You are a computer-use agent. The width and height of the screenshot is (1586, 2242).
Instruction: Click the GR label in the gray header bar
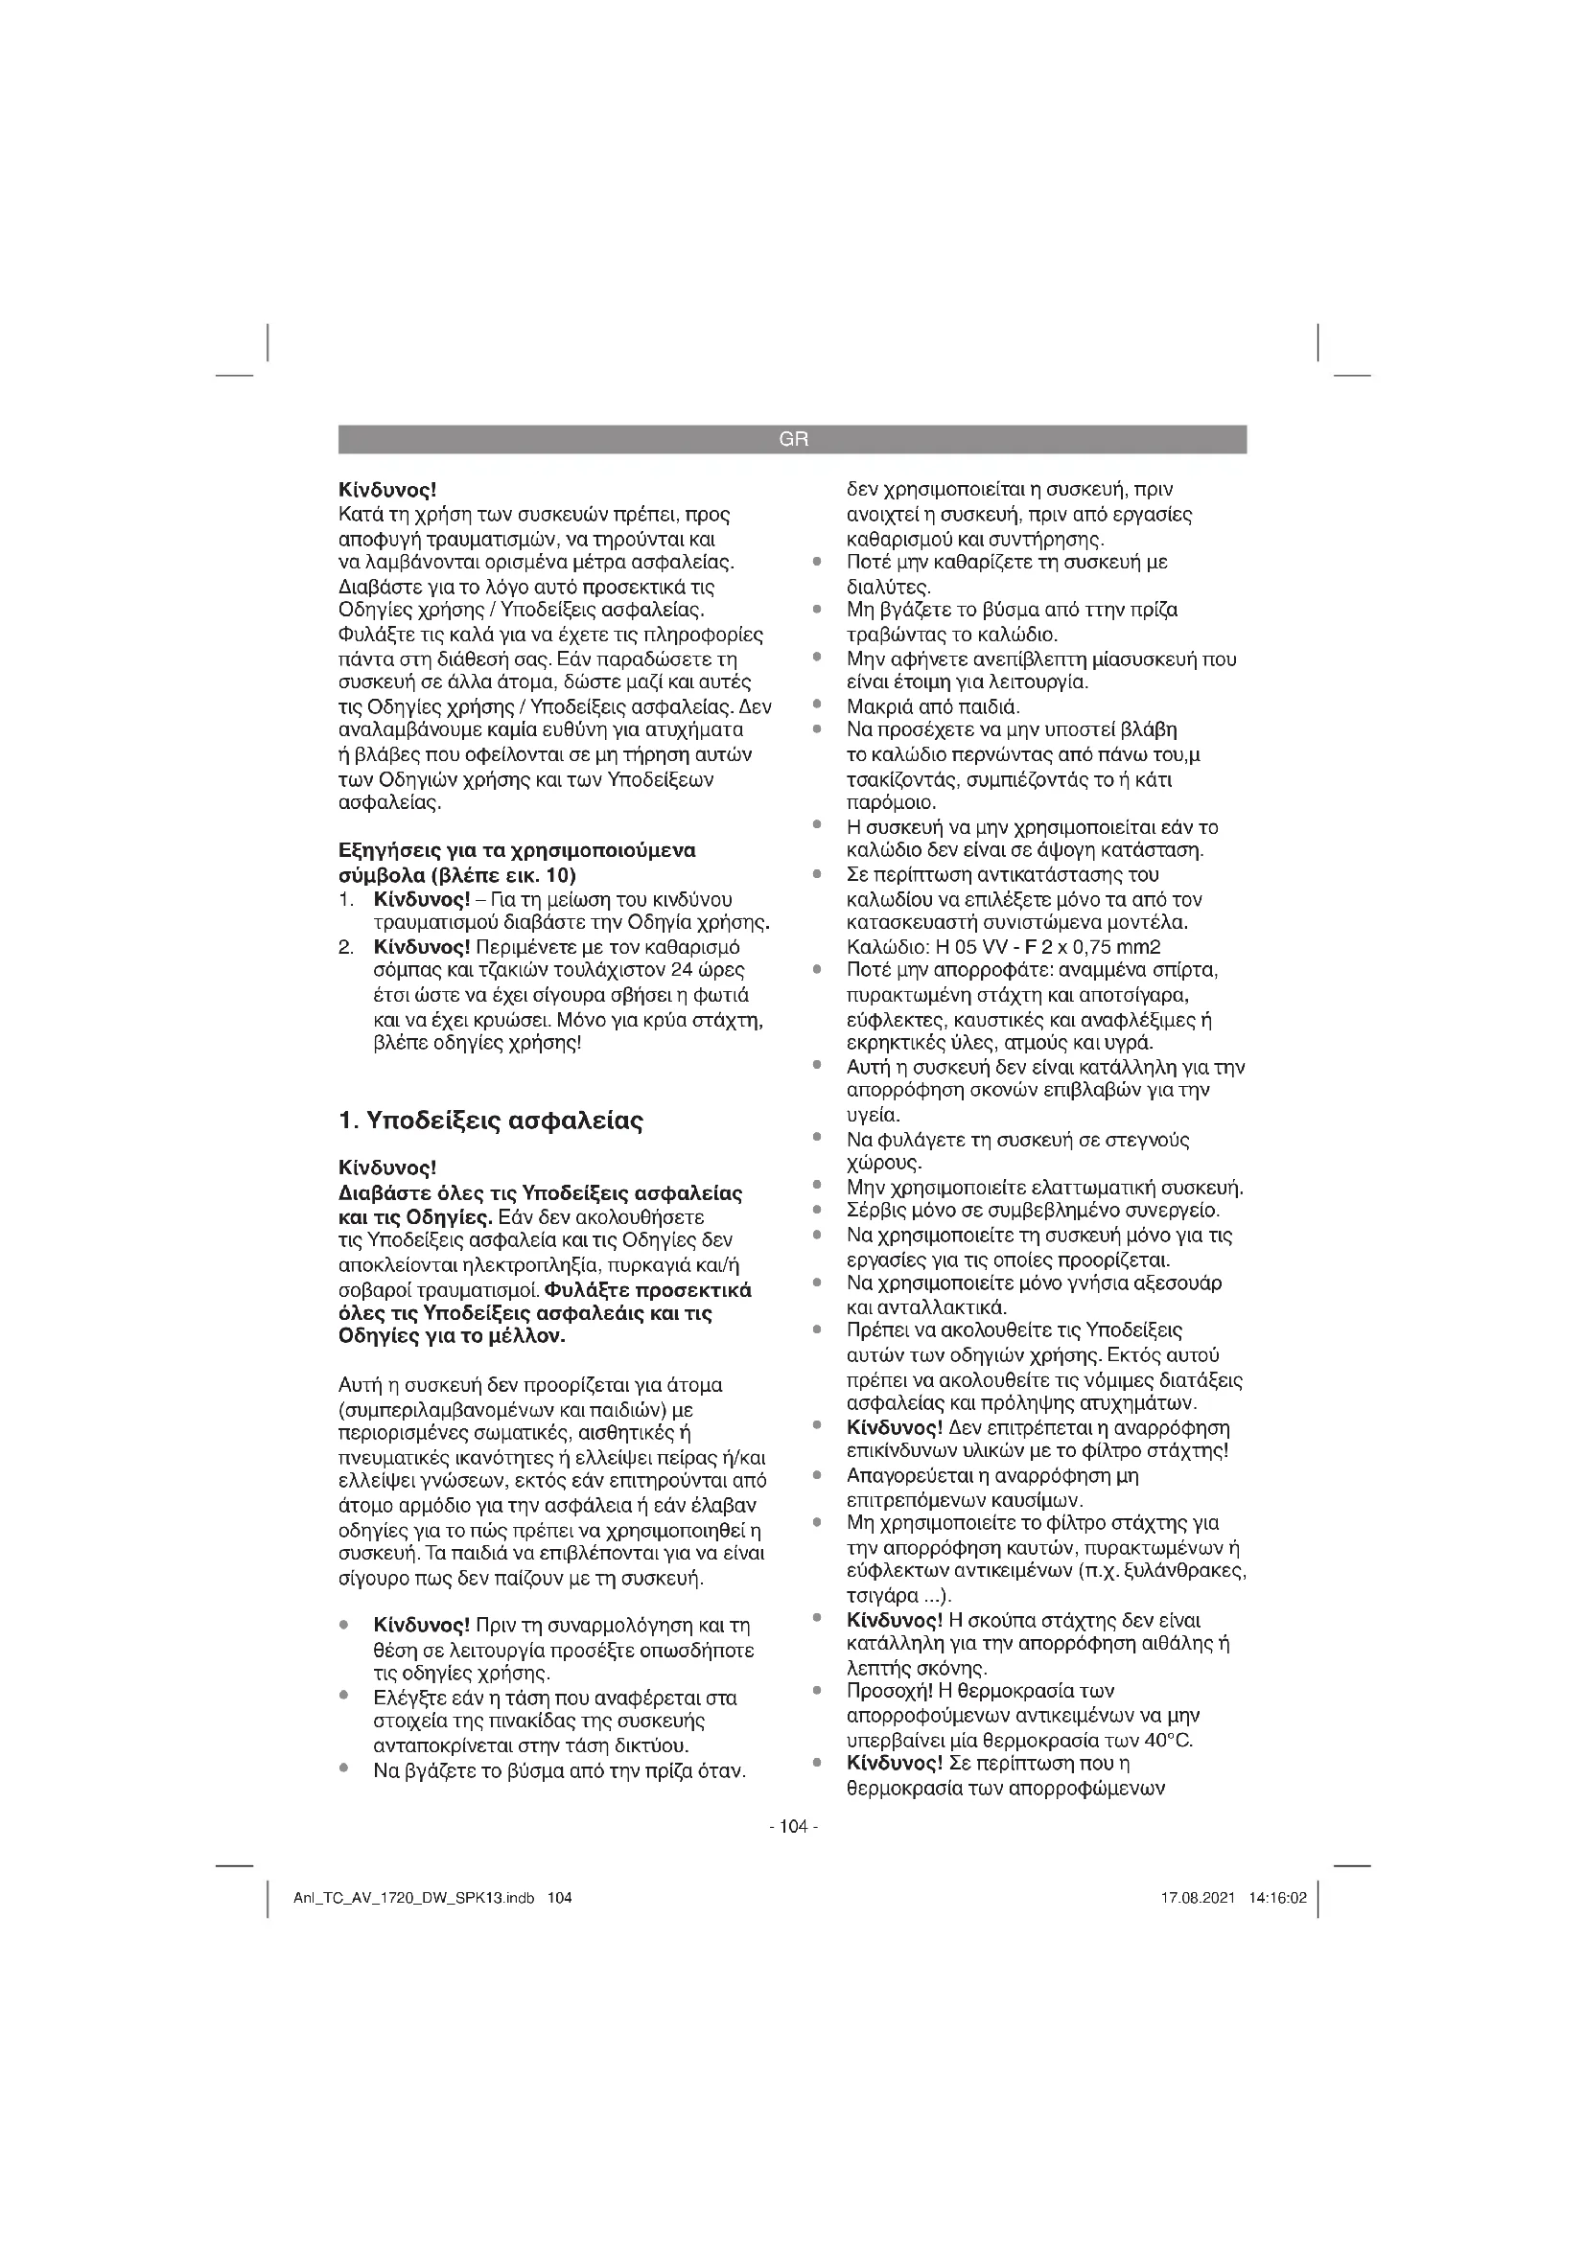tap(793, 439)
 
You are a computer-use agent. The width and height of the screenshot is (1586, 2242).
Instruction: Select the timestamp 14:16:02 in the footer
tap(1277, 1898)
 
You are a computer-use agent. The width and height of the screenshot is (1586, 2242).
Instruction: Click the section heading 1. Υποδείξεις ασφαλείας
tap(490, 1121)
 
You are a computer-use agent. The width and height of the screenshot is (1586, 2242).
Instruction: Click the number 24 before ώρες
tap(672, 971)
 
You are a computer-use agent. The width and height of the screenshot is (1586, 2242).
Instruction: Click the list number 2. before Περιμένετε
tap(346, 947)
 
